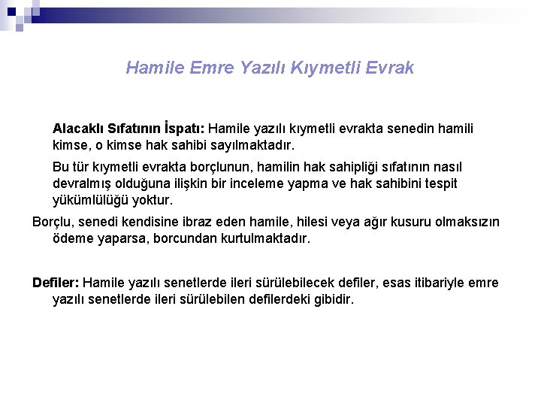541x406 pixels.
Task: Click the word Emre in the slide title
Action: click(x=213, y=68)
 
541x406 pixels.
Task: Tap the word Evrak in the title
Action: click(x=389, y=68)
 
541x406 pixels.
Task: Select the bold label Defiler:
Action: click(x=56, y=283)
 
